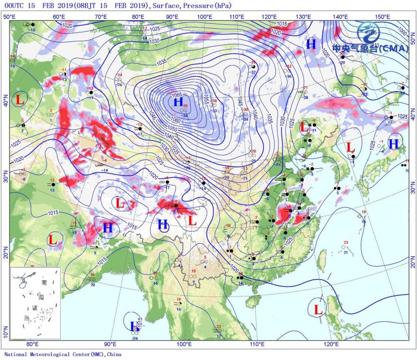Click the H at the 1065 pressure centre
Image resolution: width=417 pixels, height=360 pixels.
tap(178, 102)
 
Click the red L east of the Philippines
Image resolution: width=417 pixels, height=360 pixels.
tap(319, 309)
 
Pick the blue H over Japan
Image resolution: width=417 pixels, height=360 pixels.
tap(393, 143)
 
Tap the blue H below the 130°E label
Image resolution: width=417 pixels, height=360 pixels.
tap(311, 44)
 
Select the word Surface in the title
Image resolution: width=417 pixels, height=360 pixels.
tap(168, 6)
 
